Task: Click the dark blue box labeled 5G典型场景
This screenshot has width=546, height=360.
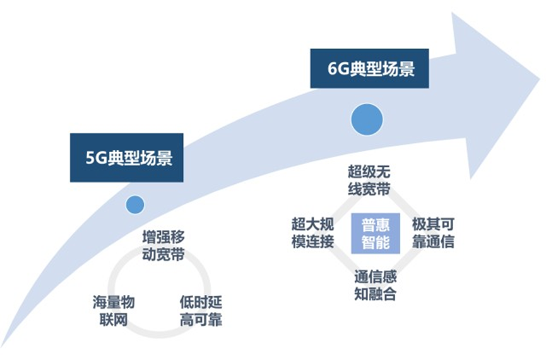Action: [x=126, y=158]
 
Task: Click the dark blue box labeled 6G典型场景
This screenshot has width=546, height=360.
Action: [x=369, y=68]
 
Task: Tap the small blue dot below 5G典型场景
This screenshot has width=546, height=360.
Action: [x=134, y=204]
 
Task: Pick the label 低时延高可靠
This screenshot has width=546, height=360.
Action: [x=200, y=310]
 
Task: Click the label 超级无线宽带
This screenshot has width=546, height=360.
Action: [x=369, y=179]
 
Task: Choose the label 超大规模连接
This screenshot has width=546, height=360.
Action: [x=312, y=233]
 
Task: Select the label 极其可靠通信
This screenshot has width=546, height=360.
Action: [x=433, y=233]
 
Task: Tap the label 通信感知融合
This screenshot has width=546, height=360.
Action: [x=375, y=285]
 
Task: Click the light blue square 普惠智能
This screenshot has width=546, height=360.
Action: [x=375, y=233]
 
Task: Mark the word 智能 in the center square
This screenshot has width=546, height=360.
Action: [x=375, y=242]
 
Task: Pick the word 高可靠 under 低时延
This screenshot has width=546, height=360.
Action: [x=200, y=319]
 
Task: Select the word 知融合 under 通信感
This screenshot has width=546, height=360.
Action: [x=375, y=294]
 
